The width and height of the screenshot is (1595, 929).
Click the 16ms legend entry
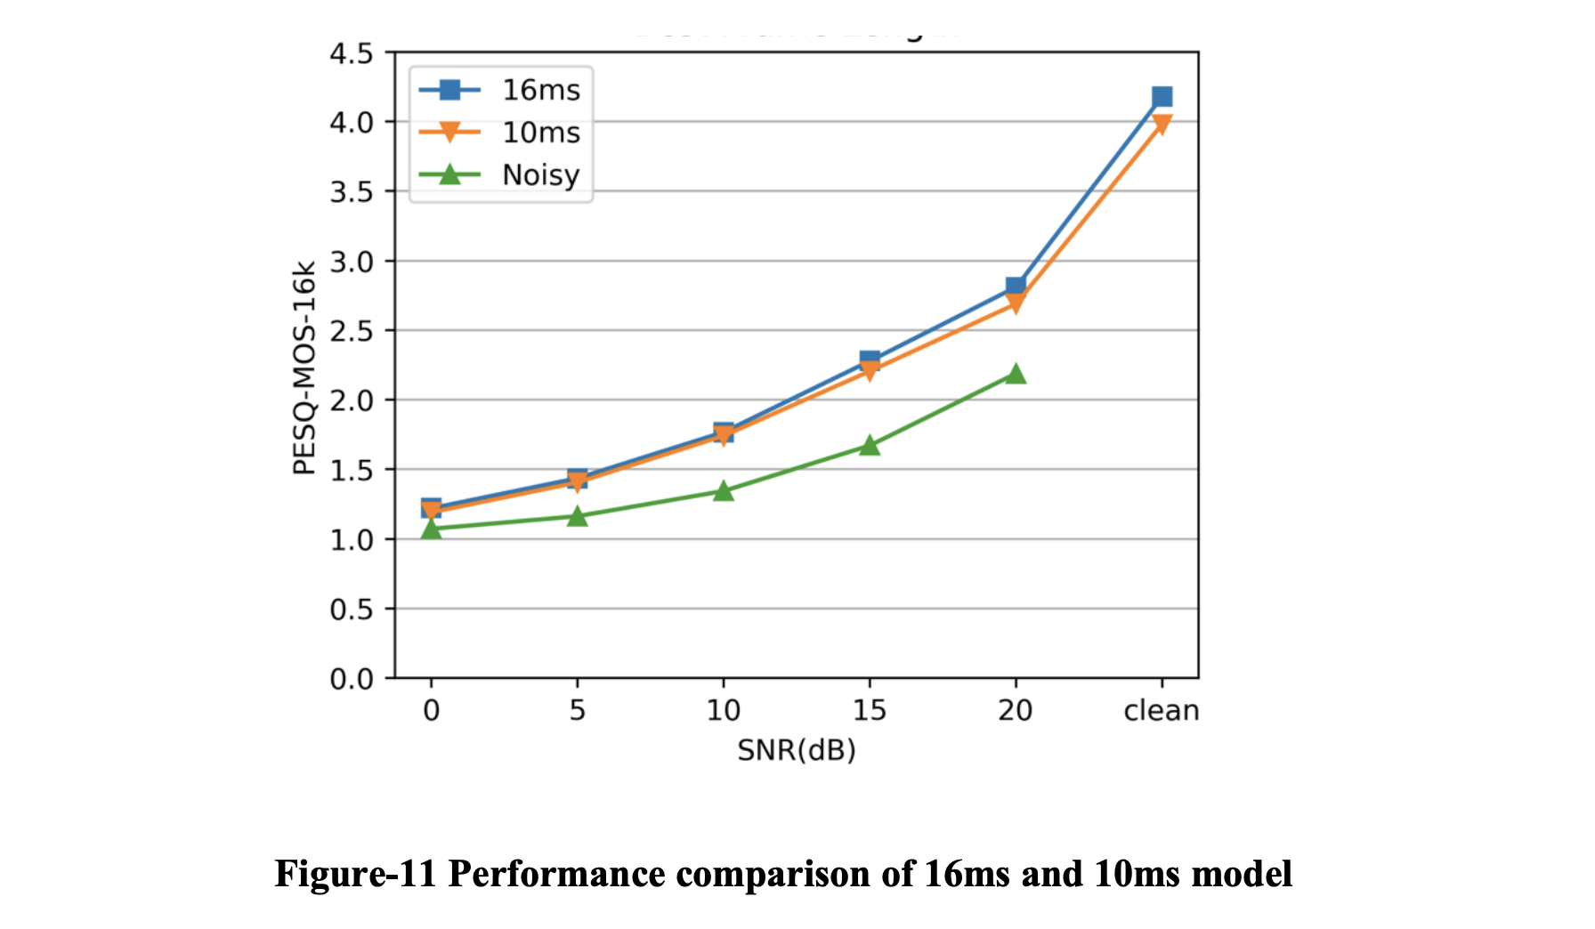click(498, 90)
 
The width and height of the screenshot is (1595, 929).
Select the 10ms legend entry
click(498, 133)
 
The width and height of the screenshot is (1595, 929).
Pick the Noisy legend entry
click(498, 175)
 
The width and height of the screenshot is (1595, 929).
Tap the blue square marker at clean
click(1162, 96)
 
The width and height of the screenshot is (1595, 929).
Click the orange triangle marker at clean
click(1162, 125)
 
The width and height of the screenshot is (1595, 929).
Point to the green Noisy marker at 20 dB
click(1016, 374)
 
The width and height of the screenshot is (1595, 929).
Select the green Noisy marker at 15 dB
click(870, 446)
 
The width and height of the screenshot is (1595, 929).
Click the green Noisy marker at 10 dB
click(724, 491)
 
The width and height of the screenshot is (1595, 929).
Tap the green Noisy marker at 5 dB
click(578, 516)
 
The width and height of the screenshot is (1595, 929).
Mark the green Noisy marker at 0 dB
click(432, 529)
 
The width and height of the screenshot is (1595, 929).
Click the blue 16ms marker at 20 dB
click(1016, 286)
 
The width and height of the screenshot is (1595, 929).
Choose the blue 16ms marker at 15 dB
click(870, 359)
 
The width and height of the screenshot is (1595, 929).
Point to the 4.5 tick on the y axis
click(352, 54)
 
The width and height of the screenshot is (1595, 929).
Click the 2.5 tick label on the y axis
click(352, 331)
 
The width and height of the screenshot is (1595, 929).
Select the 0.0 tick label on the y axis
click(352, 680)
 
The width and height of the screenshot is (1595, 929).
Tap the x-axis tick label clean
click(1162, 710)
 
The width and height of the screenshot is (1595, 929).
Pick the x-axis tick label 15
click(870, 710)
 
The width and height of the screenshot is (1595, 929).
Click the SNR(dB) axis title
click(797, 750)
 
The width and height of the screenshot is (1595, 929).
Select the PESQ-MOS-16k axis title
click(304, 368)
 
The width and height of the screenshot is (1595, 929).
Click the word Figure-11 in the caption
click(355, 874)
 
